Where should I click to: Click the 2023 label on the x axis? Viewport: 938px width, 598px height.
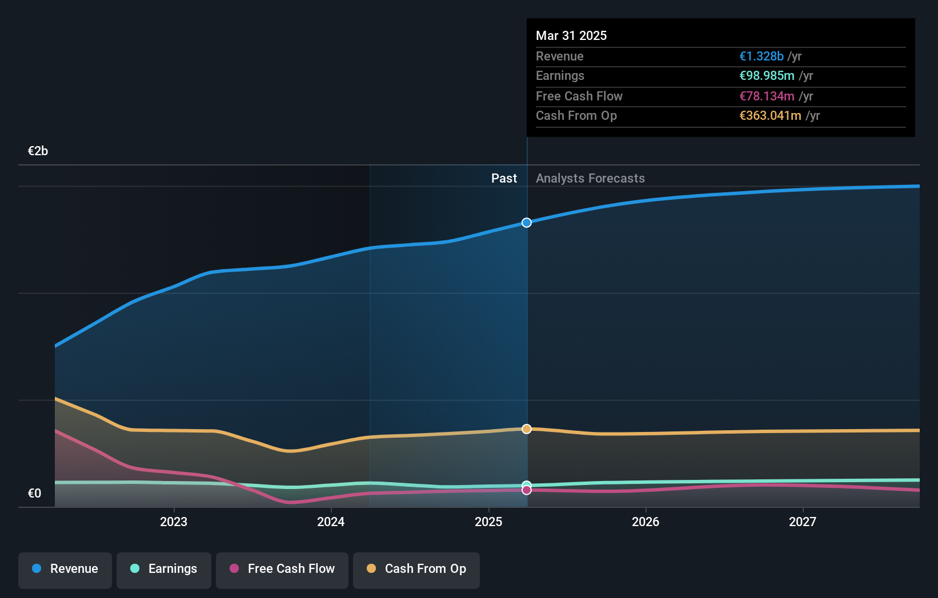click(174, 522)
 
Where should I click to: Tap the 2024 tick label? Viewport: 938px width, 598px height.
click(331, 522)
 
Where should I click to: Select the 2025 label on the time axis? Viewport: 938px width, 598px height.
click(488, 522)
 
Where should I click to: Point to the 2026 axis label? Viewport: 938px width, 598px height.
click(646, 522)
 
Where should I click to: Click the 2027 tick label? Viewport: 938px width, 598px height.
click(803, 522)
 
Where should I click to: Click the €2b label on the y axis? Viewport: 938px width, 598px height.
click(38, 151)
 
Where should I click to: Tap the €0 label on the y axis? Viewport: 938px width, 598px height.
click(34, 494)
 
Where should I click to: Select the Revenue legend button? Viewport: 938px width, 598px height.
click(65, 569)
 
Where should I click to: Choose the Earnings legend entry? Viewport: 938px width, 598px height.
click(164, 569)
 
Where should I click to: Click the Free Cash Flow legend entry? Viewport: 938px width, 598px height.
click(282, 569)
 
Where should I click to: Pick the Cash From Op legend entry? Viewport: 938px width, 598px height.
click(416, 569)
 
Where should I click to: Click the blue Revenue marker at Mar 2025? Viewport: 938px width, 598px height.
click(527, 223)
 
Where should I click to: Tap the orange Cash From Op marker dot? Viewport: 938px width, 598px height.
click(527, 429)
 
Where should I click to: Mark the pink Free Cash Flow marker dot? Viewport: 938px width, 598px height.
click(527, 490)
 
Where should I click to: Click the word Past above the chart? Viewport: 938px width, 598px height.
click(504, 179)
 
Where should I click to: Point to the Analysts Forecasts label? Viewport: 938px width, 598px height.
click(590, 179)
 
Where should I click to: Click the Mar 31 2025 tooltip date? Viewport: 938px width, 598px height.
click(571, 35)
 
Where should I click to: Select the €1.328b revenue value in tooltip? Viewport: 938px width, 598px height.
click(761, 56)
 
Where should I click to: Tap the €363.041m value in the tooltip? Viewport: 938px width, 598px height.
click(770, 116)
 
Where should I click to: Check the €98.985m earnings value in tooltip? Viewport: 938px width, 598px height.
click(767, 76)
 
